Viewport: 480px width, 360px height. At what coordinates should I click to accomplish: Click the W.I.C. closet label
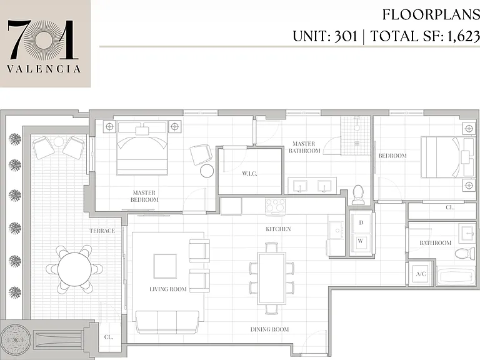pyautogui.click(x=249, y=174)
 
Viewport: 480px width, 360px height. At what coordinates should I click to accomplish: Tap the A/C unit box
pyautogui.click(x=421, y=274)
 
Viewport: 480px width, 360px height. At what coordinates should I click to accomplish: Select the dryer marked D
pyautogui.click(x=361, y=223)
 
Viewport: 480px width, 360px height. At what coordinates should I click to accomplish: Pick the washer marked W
pyautogui.click(x=361, y=241)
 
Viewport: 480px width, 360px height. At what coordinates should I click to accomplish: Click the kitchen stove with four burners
pyautogui.click(x=276, y=206)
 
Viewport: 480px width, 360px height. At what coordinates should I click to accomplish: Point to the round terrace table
pyautogui.click(x=74, y=269)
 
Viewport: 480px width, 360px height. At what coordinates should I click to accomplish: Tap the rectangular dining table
pyautogui.click(x=272, y=278)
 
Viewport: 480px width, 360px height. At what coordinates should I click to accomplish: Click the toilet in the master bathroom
pyautogui.click(x=358, y=195)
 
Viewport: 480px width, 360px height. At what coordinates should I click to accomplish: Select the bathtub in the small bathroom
pyautogui.click(x=456, y=277)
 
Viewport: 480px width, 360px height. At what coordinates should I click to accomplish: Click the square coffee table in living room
pyautogui.click(x=165, y=266)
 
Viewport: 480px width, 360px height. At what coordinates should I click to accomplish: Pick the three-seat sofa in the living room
pyautogui.click(x=167, y=322)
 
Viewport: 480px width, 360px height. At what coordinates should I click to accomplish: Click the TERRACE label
pyautogui.click(x=102, y=231)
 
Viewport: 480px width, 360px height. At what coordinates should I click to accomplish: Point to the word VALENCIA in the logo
pyautogui.click(x=44, y=69)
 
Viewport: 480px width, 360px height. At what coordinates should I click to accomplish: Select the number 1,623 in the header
pyautogui.click(x=464, y=36)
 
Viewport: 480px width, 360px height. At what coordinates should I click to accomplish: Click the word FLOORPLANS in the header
pyautogui.click(x=431, y=14)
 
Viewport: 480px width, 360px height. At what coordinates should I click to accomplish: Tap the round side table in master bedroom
pyautogui.click(x=207, y=171)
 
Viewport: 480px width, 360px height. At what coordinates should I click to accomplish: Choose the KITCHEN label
pyautogui.click(x=278, y=229)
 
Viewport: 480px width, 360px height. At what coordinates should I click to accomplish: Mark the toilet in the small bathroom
pyautogui.click(x=465, y=253)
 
